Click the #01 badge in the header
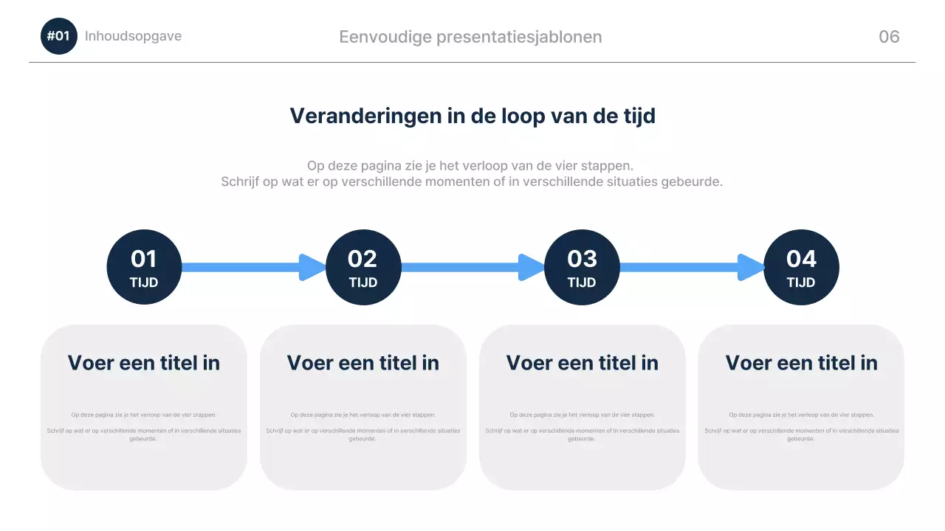click(x=58, y=36)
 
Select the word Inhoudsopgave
click(x=133, y=36)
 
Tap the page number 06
click(x=889, y=37)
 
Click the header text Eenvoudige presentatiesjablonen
click(x=470, y=37)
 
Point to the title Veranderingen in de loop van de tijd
click(x=472, y=116)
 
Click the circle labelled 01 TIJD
click(x=144, y=267)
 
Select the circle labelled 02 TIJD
click(x=362, y=267)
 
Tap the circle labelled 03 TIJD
click(x=582, y=267)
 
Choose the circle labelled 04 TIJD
click(x=801, y=267)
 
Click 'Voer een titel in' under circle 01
click(x=144, y=363)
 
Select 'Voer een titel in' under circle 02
click(x=362, y=363)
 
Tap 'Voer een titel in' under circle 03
click(x=582, y=363)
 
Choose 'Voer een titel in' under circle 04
click(x=801, y=363)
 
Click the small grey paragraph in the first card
click(x=144, y=426)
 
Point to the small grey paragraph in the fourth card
click(x=801, y=426)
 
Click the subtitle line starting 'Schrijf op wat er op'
click(x=472, y=181)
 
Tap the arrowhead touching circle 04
click(x=752, y=267)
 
